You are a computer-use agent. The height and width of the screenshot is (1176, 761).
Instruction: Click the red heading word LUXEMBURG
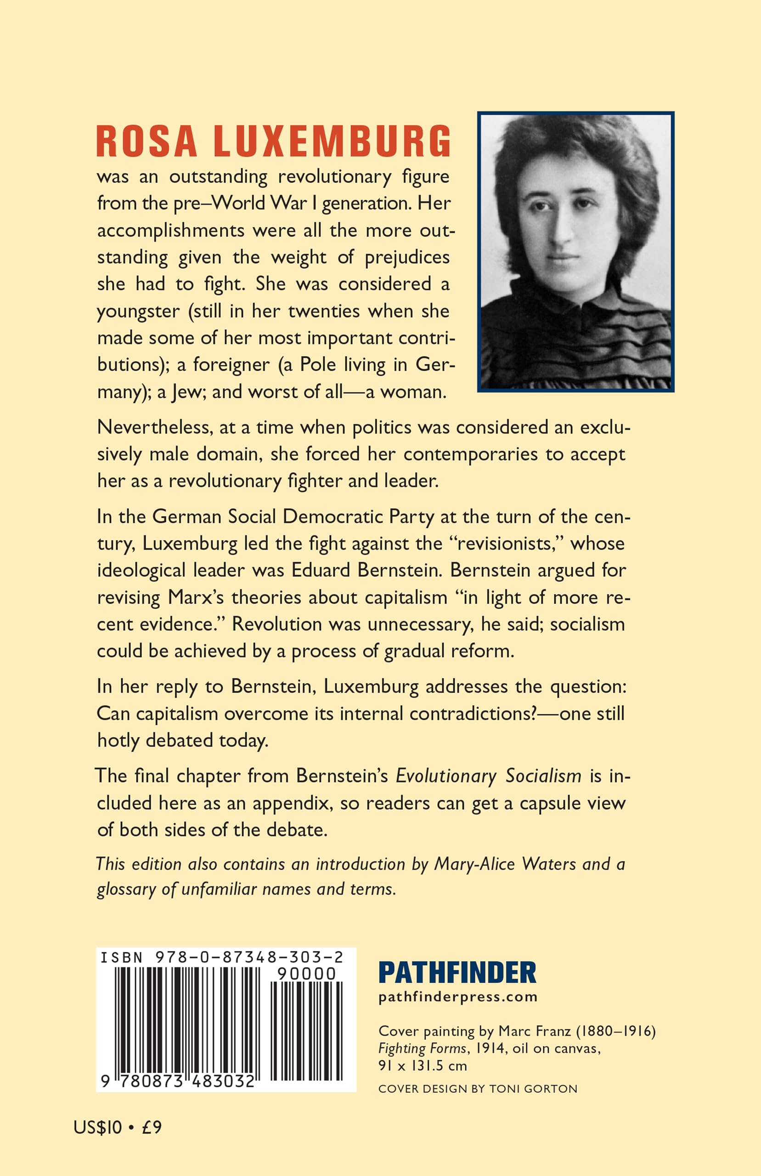[x=332, y=141]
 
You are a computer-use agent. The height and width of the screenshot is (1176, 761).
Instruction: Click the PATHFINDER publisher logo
[x=457, y=973]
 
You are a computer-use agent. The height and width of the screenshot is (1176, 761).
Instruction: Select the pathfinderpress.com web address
[x=457, y=997]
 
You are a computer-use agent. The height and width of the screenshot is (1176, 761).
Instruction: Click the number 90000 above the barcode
[x=306, y=974]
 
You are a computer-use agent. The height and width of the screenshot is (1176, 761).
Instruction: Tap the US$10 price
[x=97, y=1127]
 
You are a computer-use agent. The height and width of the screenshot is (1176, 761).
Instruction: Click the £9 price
[x=151, y=1127]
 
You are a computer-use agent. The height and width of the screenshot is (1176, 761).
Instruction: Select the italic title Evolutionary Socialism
[x=488, y=776]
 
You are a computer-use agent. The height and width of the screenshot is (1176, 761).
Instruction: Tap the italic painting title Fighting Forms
[x=422, y=1048]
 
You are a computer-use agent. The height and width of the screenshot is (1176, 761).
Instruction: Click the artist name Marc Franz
[x=534, y=1031]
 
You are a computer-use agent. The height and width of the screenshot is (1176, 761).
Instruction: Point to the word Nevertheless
[x=155, y=427]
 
